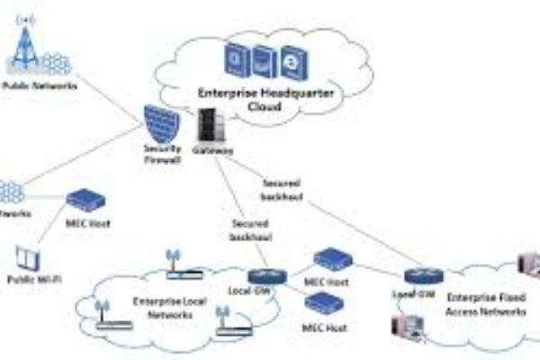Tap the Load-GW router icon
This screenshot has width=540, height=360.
click(x=418, y=276)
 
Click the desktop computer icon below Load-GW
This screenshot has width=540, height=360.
click(x=403, y=326)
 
